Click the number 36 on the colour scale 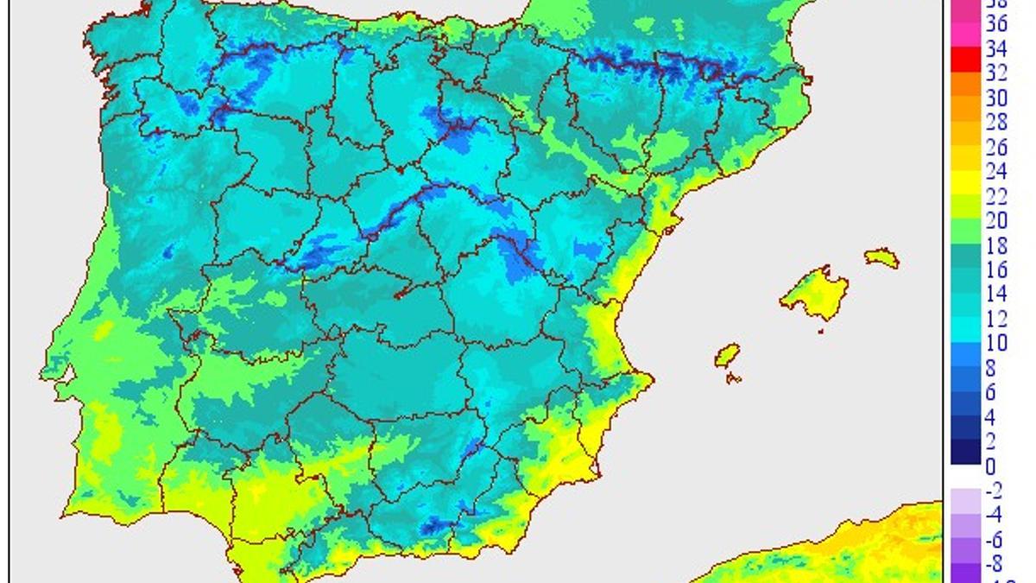(996, 25)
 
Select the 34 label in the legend (996, 49)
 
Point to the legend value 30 (996, 98)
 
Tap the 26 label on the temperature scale (996, 148)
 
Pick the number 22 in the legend (996, 197)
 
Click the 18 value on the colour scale (996, 246)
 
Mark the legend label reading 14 (996, 295)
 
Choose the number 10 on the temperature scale (996, 344)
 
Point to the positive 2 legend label (991, 441)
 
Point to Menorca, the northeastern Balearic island (881, 257)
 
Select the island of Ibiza (728, 354)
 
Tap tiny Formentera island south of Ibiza (735, 377)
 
